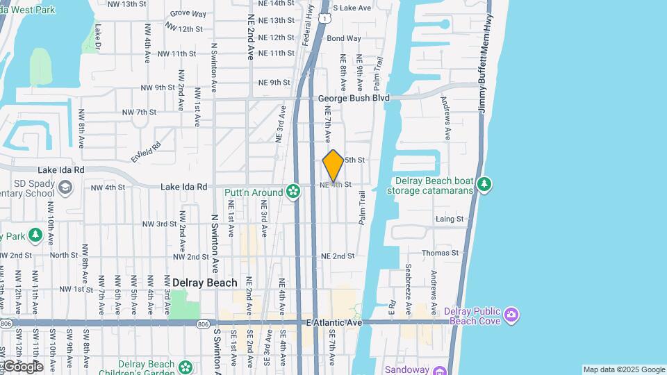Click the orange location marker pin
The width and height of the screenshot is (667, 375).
tap(333, 165)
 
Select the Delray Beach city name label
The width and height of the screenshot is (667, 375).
tap(204, 283)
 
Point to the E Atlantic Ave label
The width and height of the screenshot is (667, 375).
tap(334, 323)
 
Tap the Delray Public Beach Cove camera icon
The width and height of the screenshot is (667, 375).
tap(511, 315)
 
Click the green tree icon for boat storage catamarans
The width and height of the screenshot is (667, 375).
tap(484, 185)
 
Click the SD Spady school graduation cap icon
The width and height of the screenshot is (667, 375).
tap(65, 187)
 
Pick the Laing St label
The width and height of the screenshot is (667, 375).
tap(450, 219)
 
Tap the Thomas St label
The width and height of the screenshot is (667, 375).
tap(440, 253)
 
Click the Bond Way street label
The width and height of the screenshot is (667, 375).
tap(344, 38)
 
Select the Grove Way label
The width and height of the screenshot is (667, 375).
tap(188, 13)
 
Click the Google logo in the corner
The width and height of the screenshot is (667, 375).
tap(22, 366)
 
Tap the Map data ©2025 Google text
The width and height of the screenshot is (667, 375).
tap(623, 369)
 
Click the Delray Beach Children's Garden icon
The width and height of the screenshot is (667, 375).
tap(186, 367)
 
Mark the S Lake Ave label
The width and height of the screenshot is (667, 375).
tap(352, 8)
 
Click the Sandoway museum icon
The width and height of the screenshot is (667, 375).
tap(439, 370)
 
